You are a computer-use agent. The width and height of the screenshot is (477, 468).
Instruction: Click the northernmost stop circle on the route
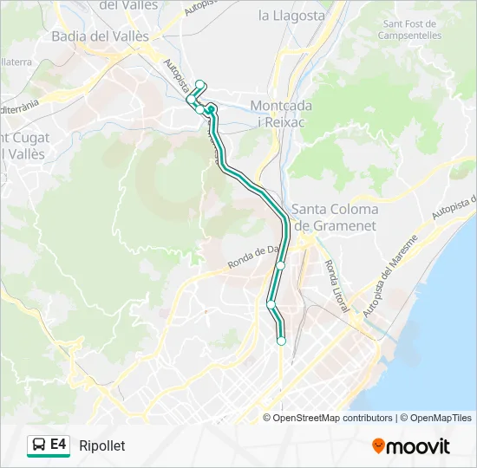coord(200,84)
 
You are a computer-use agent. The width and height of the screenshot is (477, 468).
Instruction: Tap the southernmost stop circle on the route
coord(281,341)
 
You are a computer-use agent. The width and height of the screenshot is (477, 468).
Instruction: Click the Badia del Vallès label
coord(100,36)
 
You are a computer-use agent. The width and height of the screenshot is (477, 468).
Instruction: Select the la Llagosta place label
coord(291,16)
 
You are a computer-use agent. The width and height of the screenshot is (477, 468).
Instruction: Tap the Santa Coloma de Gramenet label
coord(335,217)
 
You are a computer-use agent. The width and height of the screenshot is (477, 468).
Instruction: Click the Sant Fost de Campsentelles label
coord(411,29)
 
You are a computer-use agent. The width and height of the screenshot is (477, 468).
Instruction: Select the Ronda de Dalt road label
coord(254,257)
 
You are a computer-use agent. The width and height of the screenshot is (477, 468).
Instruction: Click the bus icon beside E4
coord(39,445)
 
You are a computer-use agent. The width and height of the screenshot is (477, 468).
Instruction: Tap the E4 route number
coord(58,445)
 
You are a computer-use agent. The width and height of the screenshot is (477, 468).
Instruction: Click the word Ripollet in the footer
coord(101,445)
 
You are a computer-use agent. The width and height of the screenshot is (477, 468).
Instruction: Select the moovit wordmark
coord(418,446)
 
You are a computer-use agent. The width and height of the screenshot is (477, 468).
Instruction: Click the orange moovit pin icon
coord(378,446)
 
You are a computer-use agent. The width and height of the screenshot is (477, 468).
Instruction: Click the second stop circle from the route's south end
coord(271,304)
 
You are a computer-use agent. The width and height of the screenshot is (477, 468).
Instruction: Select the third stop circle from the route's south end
coord(281,266)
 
